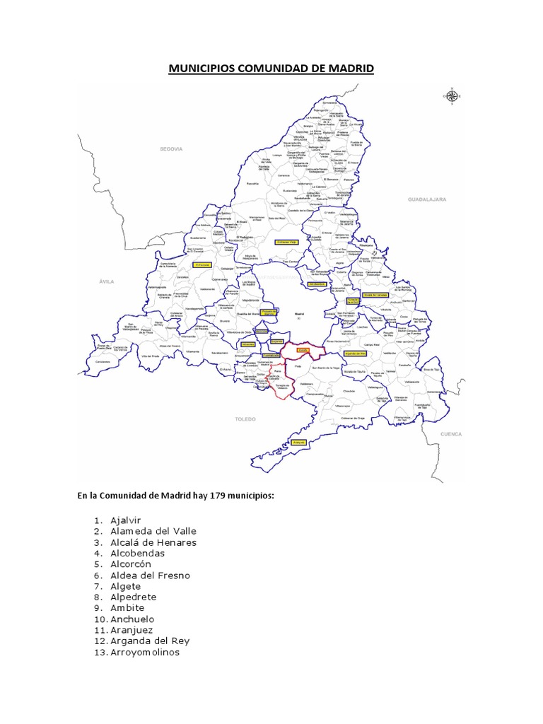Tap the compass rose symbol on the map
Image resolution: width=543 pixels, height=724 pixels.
[x=451, y=96]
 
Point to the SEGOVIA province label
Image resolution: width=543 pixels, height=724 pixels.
[x=171, y=149]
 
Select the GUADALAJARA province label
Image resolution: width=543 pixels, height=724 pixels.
[x=426, y=200]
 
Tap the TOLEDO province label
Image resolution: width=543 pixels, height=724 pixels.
[x=245, y=419]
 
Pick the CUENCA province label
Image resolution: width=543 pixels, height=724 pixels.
[x=450, y=433]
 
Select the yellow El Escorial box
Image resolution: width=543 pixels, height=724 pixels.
[x=203, y=265]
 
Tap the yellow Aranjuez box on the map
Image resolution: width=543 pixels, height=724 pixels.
[x=298, y=441]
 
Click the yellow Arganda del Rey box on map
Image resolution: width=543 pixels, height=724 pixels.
[x=355, y=352]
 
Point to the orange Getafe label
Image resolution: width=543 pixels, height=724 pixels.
[x=303, y=349]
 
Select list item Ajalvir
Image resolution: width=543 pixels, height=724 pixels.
[x=126, y=520]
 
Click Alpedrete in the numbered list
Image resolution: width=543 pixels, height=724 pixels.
[x=133, y=597]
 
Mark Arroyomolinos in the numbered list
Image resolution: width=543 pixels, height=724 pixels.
[x=145, y=652]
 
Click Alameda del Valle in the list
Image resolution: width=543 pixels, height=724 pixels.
[x=153, y=531]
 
